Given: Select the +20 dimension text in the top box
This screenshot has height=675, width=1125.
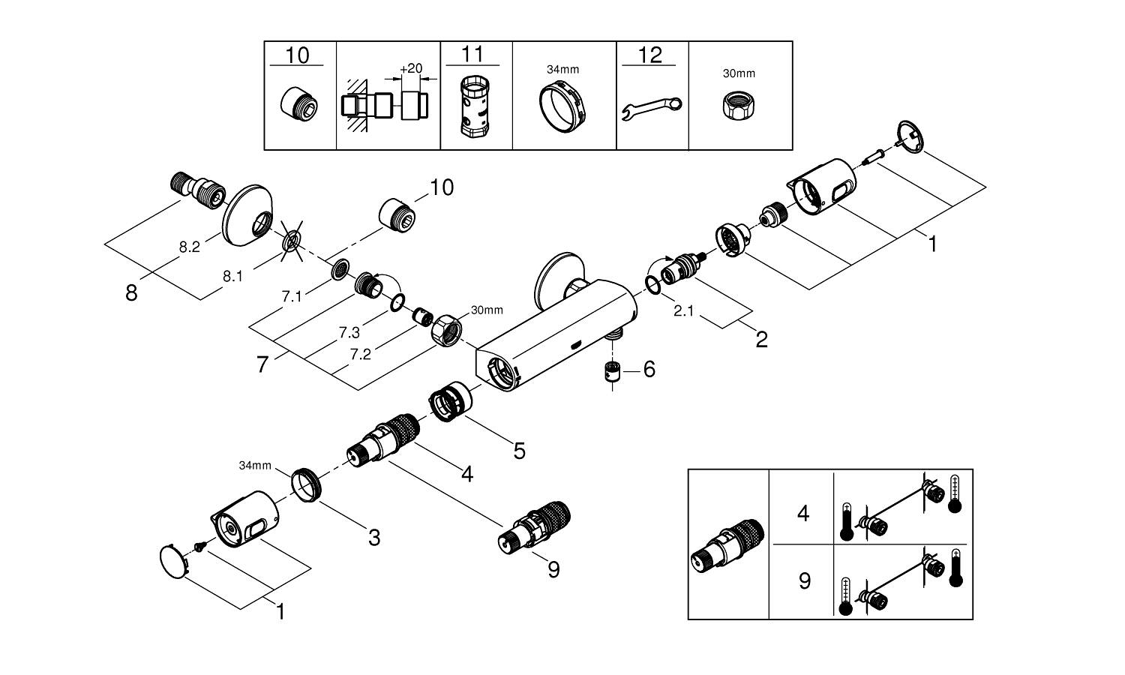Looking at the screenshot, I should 410,68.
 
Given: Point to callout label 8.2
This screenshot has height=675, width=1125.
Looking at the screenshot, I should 189,247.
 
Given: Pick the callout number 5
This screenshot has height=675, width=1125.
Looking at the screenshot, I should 519,450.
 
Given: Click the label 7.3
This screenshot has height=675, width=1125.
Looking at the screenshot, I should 349,331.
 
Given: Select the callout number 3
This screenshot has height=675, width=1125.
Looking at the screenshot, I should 373,537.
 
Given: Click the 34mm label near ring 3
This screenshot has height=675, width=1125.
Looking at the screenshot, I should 255,466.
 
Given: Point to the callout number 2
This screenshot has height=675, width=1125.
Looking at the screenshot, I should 761,340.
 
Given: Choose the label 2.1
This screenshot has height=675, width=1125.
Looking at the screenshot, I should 683,310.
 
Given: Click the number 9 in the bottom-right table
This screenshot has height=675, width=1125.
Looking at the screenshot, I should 804,581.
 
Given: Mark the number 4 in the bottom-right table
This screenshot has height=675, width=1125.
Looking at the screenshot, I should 803,514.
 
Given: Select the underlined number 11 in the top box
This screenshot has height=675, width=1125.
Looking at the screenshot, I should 472,54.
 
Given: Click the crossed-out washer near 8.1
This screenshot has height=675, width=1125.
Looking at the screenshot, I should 291,241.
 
